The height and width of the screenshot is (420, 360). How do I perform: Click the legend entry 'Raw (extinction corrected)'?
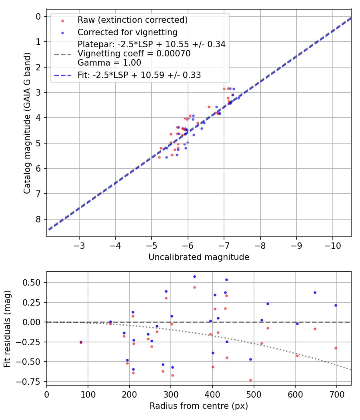click(x=132, y=20)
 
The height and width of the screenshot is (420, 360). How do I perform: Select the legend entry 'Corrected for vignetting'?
click(x=128, y=32)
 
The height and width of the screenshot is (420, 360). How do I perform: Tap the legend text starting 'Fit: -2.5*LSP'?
click(x=139, y=75)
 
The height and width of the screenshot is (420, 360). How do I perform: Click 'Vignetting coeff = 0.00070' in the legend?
click(x=134, y=53)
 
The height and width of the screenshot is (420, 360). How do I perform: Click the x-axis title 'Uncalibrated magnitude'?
click(x=199, y=257)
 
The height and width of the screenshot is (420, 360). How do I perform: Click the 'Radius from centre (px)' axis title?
click(x=199, y=406)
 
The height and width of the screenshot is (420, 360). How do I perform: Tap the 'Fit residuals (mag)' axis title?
click(x=8, y=328)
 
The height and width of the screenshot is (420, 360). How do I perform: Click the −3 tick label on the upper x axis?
click(x=79, y=244)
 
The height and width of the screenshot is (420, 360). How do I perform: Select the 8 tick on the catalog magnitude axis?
click(x=38, y=219)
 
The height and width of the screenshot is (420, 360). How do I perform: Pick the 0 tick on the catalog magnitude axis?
click(x=38, y=16)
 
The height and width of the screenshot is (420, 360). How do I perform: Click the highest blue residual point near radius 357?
click(x=194, y=276)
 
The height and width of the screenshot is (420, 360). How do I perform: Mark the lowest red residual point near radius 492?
click(x=250, y=380)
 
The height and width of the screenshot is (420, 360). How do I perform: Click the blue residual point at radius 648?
click(x=315, y=292)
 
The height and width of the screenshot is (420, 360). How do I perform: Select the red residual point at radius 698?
click(x=336, y=348)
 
